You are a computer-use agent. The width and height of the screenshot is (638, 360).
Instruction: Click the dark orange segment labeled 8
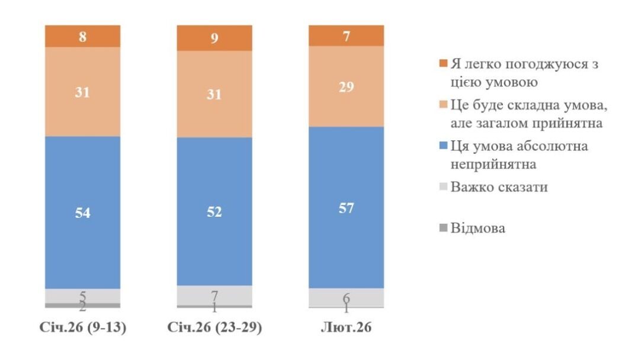[82, 36]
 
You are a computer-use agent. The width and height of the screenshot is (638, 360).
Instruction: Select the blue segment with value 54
[82, 212]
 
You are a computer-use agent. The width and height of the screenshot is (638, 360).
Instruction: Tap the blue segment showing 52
[214, 211]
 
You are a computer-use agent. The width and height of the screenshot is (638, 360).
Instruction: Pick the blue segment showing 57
[347, 207]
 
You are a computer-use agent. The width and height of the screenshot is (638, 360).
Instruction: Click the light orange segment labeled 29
[347, 86]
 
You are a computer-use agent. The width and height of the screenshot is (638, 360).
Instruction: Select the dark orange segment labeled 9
[214, 38]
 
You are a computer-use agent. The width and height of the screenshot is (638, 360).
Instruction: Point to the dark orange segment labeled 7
[347, 36]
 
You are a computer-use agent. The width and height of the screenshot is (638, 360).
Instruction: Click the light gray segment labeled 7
[214, 295]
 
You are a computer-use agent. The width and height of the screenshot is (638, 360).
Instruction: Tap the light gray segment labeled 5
[82, 295]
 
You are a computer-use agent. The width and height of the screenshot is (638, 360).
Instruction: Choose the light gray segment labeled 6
[347, 297]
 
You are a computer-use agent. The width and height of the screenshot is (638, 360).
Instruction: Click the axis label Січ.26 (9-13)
[82, 327]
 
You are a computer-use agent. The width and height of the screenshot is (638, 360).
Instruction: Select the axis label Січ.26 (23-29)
[214, 327]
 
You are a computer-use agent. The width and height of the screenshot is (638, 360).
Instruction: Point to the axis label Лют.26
[347, 327]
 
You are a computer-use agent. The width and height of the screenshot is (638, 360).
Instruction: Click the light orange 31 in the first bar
[82, 92]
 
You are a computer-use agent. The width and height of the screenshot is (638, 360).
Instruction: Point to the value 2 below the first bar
[82, 307]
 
